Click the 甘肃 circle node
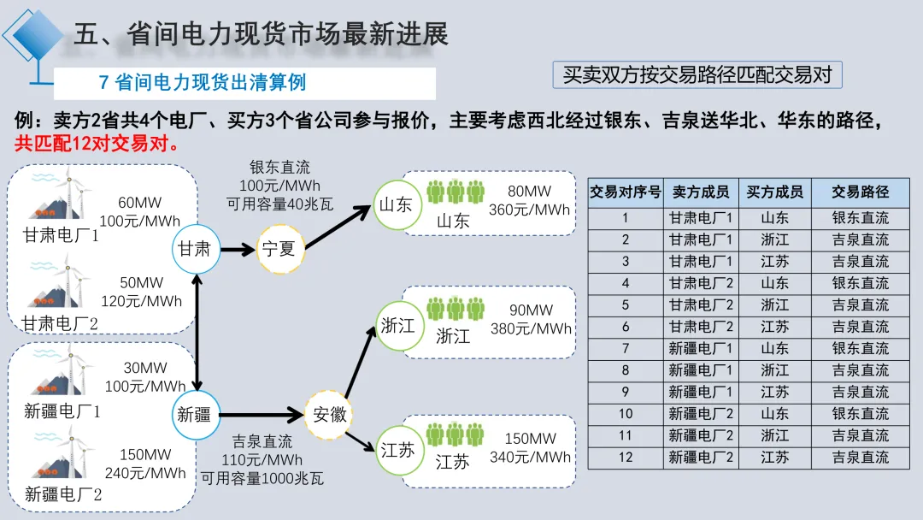pyautogui.click(x=195, y=250)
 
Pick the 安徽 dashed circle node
pyautogui.click(x=330, y=416)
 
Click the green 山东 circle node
pyautogui.click(x=396, y=205)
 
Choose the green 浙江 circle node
pyautogui.click(x=398, y=326)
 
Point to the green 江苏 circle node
pyautogui.click(x=398, y=450)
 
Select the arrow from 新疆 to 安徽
pyautogui.click(x=262, y=416)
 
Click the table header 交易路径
pyautogui.click(x=861, y=192)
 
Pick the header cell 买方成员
pyautogui.click(x=774, y=192)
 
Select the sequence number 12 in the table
pyautogui.click(x=626, y=458)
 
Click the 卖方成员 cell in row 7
pyautogui.click(x=701, y=349)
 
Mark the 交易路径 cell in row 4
pyautogui.click(x=861, y=283)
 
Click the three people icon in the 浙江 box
pyautogui.click(x=456, y=310)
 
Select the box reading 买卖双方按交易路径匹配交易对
pyautogui.click(x=697, y=75)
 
